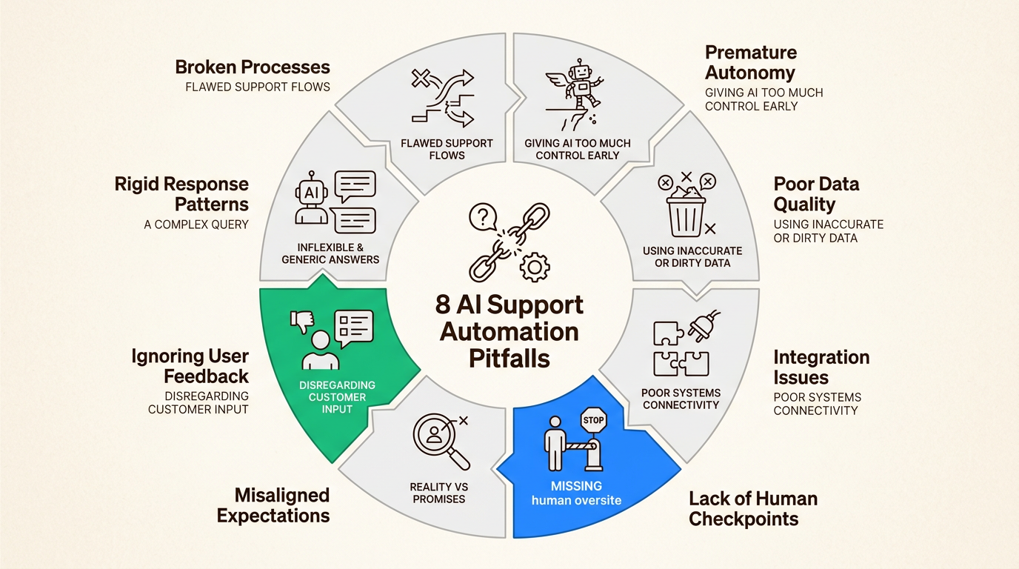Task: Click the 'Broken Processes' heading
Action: (253, 67)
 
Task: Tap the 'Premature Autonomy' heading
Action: (751, 62)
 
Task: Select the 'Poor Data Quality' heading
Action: (816, 194)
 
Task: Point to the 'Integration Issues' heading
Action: (821, 367)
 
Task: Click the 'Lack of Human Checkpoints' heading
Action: (753, 508)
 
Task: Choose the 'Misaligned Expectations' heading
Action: (273, 505)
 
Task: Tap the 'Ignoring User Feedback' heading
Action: (190, 366)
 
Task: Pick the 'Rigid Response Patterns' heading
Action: (181, 194)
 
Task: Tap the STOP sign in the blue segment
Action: (594, 421)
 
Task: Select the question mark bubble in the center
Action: (482, 217)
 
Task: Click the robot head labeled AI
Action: (312, 195)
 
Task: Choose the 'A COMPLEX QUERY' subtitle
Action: (196, 224)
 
